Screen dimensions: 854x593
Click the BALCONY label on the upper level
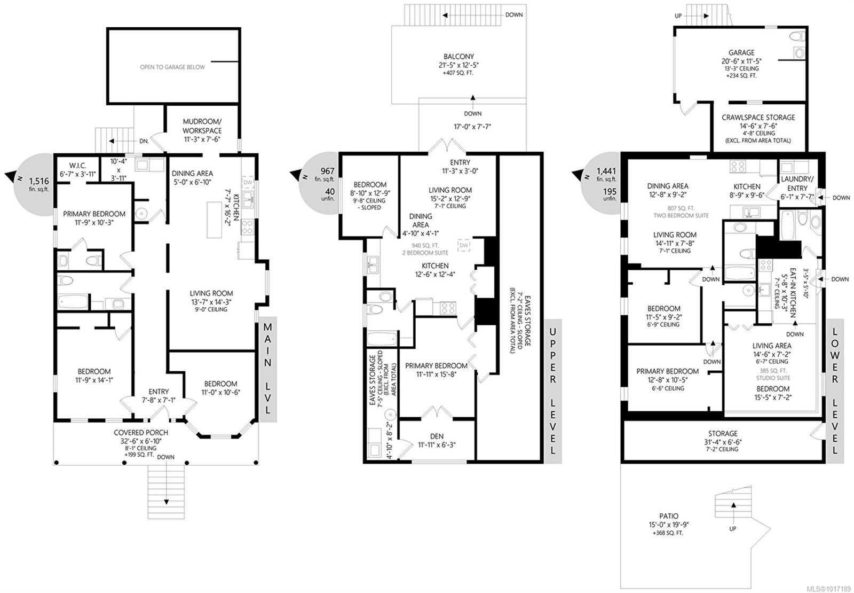click(458, 57)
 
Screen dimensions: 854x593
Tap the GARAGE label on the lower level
click(741, 53)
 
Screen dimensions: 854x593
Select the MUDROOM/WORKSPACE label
click(202, 126)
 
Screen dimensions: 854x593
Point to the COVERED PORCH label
click(141, 432)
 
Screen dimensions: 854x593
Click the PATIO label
click(669, 516)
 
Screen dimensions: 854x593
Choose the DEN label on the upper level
click(437, 436)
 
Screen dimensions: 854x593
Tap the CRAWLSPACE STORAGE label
click(758, 118)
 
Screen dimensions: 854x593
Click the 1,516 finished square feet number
click(39, 181)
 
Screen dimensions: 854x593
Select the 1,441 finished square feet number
click(606, 171)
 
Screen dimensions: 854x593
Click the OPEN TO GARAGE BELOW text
click(172, 67)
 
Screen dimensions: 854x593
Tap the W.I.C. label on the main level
click(78, 166)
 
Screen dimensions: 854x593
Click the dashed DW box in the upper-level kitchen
click(464, 245)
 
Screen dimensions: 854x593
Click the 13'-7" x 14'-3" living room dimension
click(211, 302)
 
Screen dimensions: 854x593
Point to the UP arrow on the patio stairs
click(733, 510)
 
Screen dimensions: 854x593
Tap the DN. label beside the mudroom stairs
click(144, 141)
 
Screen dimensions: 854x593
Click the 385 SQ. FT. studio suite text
click(773, 371)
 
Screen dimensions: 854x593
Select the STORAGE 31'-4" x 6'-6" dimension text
click(723, 442)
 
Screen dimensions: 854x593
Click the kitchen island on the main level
click(214, 220)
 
